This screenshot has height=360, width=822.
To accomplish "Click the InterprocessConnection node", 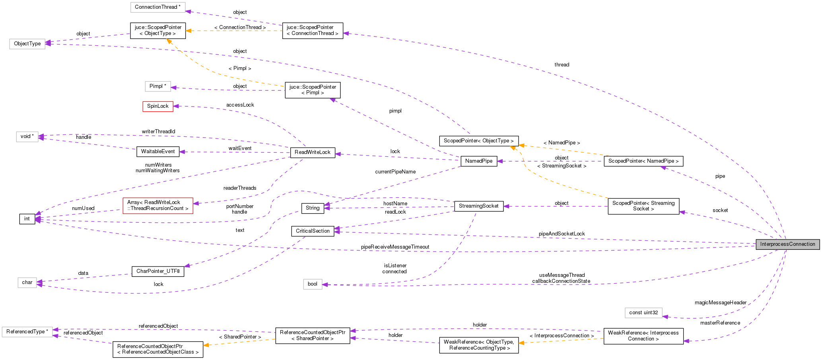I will click(x=787, y=244).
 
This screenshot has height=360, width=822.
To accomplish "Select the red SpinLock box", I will click(x=158, y=106).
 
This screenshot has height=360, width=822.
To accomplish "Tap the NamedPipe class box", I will click(x=479, y=161).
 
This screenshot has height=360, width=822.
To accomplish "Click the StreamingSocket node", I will click(x=478, y=206).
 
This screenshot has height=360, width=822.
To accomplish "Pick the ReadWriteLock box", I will click(x=313, y=152).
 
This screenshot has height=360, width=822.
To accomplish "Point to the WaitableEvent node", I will click(x=158, y=152).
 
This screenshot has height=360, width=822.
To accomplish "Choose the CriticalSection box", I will click(x=313, y=231).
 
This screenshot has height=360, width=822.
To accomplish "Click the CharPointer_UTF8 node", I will click(x=158, y=271).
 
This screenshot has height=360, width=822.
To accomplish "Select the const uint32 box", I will click(x=643, y=313).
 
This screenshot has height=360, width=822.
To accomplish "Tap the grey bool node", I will click(x=313, y=284).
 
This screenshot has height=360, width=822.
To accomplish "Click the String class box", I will click(x=313, y=208).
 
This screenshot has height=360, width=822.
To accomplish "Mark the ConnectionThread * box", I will click(x=158, y=7).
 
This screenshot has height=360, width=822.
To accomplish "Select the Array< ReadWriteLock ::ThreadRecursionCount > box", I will click(x=158, y=206).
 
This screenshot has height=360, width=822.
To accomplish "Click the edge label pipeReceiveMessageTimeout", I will click(x=395, y=247).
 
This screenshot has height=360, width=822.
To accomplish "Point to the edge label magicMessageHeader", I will click(x=720, y=303).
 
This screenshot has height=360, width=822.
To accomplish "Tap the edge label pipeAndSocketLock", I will click(x=562, y=234).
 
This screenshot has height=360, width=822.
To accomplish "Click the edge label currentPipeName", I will click(x=395, y=172).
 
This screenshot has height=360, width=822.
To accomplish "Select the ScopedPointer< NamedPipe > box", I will click(x=643, y=161).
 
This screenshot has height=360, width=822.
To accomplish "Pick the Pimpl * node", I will click(x=158, y=86).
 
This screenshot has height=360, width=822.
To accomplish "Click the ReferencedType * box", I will click(x=27, y=332).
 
